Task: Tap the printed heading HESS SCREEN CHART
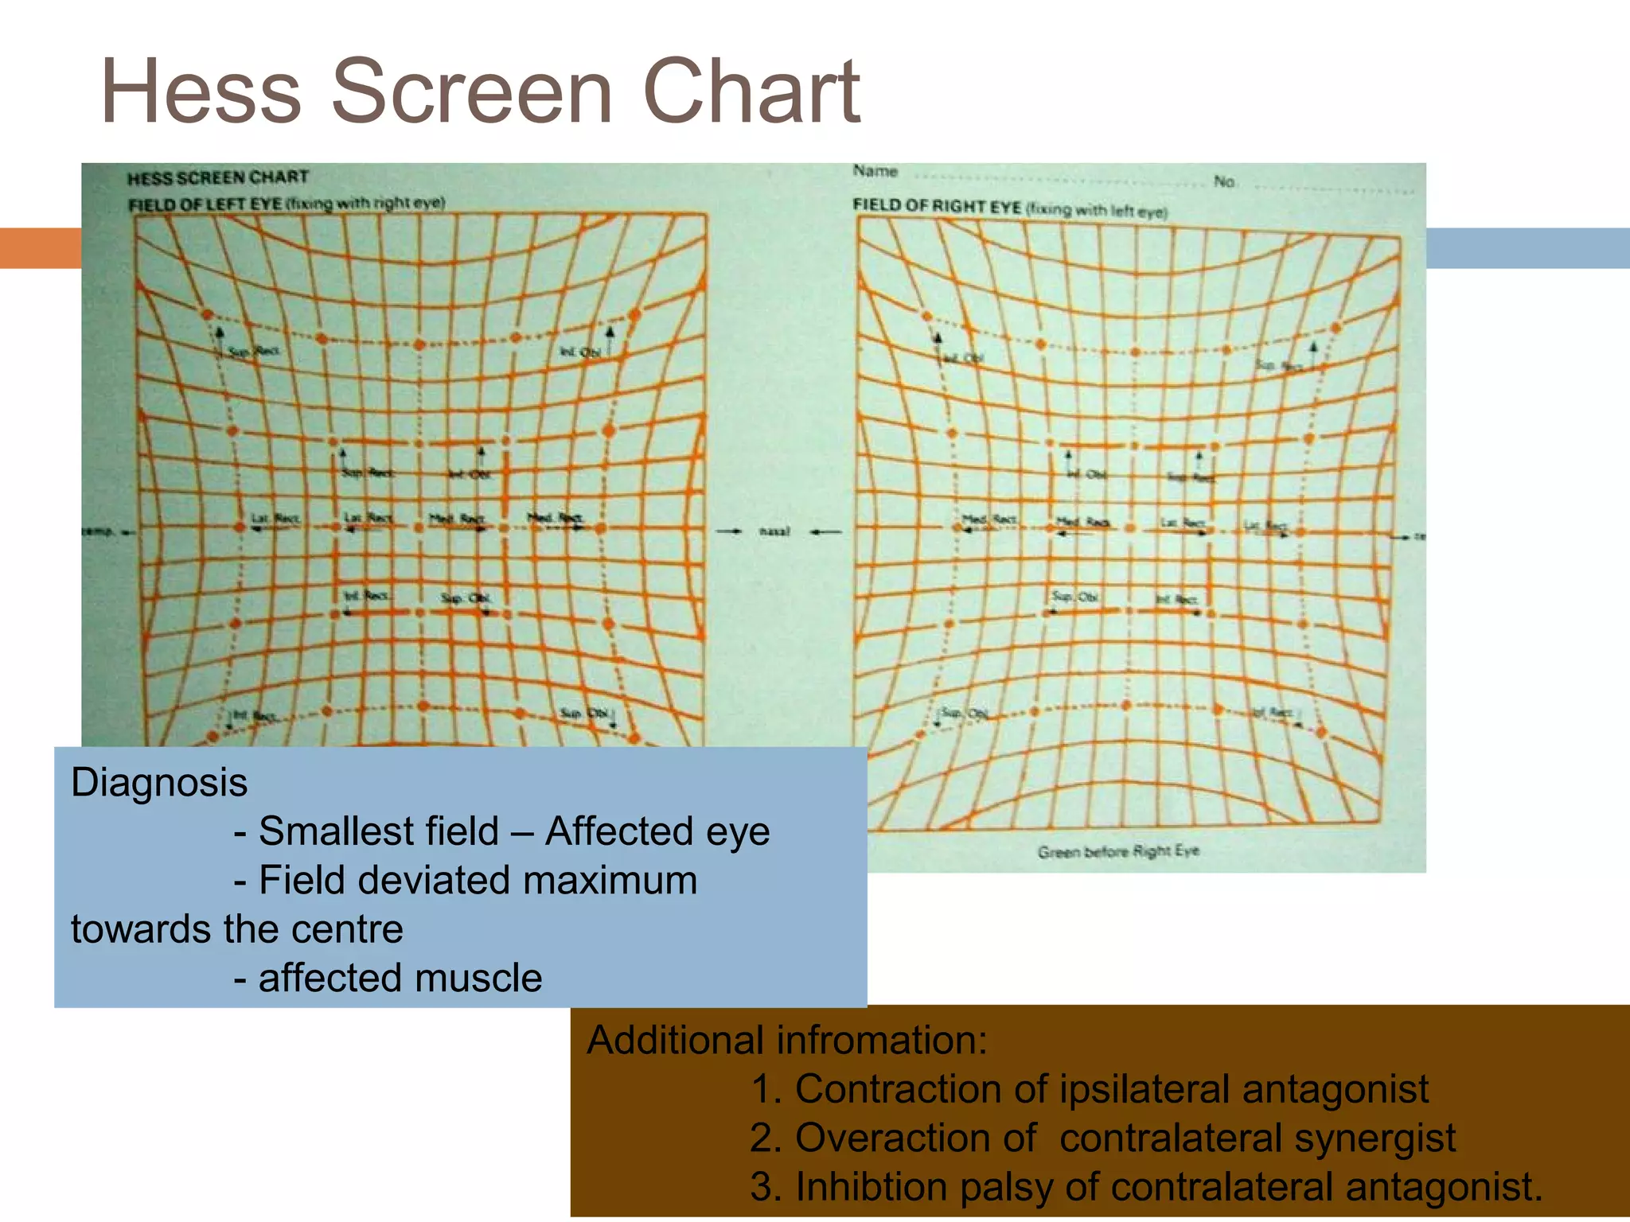point(217,177)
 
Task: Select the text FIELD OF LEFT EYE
point(205,204)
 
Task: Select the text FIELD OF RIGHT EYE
point(937,206)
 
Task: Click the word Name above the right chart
point(875,171)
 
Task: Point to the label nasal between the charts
point(774,531)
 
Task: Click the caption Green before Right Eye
point(1117,851)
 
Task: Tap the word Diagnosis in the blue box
point(159,782)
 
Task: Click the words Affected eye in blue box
point(657,831)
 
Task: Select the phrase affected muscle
point(400,978)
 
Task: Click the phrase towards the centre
point(237,929)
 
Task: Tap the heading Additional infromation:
point(786,1040)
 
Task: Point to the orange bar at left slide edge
point(40,247)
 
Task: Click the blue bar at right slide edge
point(1527,247)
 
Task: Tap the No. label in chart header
point(1224,182)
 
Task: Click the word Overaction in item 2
point(915,1138)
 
